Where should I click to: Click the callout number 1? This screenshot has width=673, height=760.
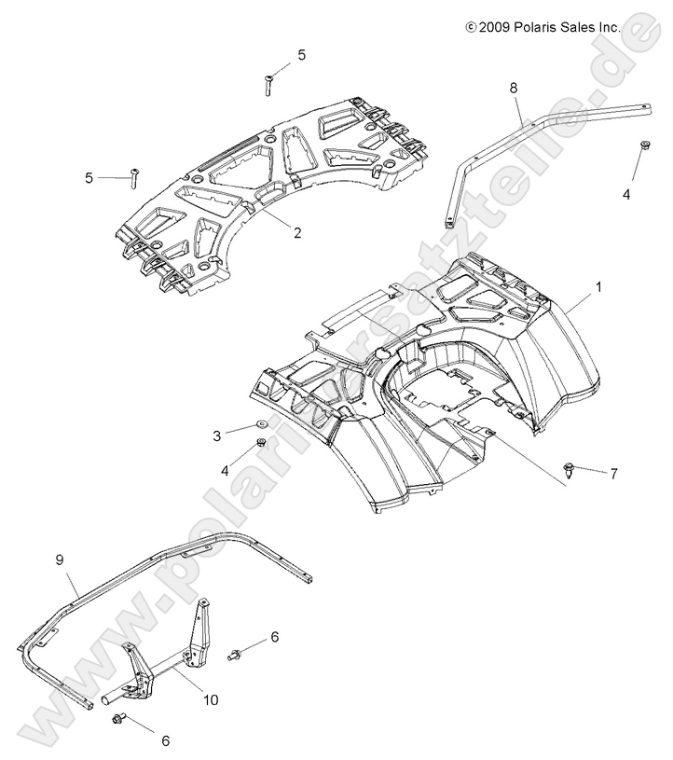pos(597,287)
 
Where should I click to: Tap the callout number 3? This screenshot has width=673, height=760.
pos(217,435)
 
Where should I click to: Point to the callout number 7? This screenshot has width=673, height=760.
pos(613,474)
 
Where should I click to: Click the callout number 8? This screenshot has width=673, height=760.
pos(513,87)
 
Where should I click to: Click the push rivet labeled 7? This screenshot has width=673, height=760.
pos(569,469)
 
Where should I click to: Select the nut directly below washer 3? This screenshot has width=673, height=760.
pos(262,443)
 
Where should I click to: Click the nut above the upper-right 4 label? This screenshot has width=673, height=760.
pos(643,145)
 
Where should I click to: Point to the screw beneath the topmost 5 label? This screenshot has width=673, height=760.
pos(268,84)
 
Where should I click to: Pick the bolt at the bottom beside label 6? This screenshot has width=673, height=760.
pos(117,719)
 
